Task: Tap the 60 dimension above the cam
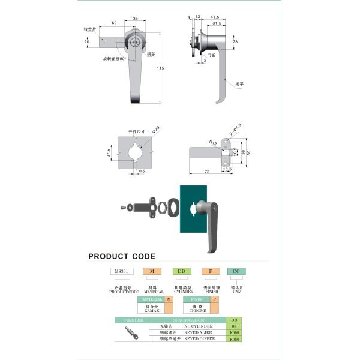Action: pos(114,23)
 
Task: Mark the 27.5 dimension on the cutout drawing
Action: pos(109,154)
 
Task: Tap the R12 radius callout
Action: pos(213,142)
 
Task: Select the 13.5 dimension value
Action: pos(227,169)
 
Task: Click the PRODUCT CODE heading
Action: pos(122,256)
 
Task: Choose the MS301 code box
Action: pos(119,271)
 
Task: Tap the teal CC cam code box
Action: pos(236,271)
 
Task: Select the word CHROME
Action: pos(198,311)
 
